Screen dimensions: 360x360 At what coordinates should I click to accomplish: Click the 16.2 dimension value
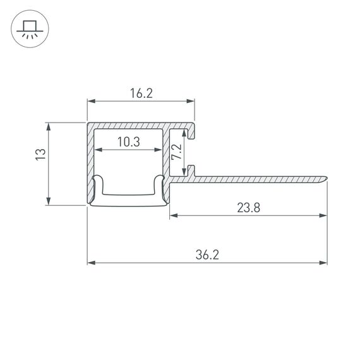click(141, 93)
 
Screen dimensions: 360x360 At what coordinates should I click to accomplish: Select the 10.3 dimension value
click(129, 143)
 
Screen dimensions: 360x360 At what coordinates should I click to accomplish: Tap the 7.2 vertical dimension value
click(177, 152)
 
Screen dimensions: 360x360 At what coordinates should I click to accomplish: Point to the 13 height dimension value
click(40, 153)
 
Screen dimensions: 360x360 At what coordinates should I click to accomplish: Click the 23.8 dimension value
click(248, 208)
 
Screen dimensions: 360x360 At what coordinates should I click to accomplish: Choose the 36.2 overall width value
click(207, 255)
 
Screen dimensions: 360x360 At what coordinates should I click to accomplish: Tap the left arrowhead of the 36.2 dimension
click(90, 262)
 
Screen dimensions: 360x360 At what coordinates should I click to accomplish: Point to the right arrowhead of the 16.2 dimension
click(191, 101)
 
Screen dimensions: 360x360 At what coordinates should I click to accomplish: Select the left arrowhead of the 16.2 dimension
click(90, 101)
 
